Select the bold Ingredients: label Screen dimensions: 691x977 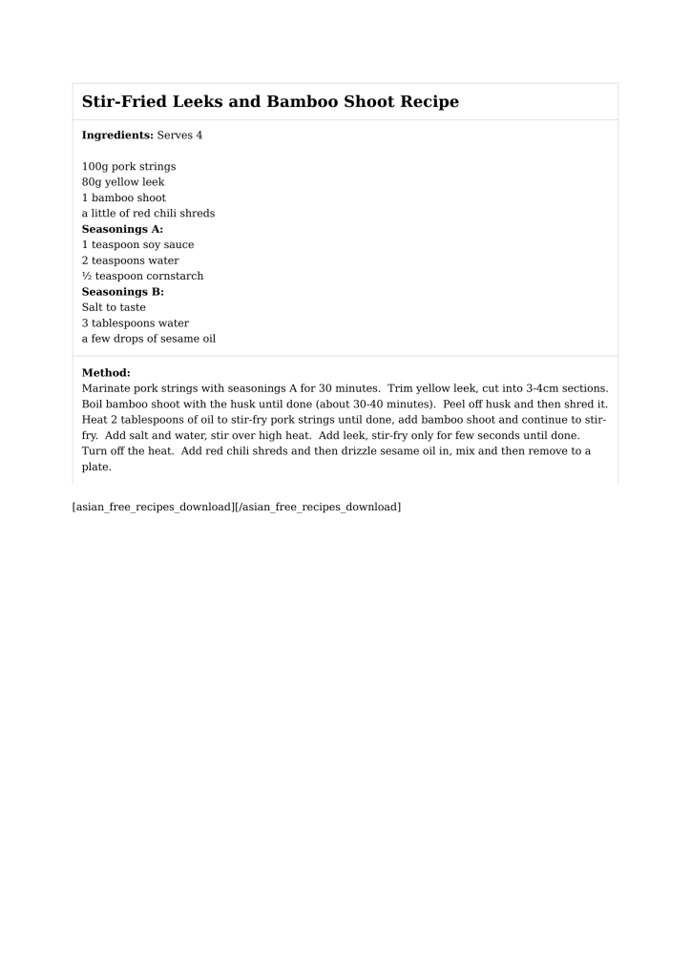(x=117, y=135)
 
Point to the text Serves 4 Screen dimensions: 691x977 (x=179, y=135)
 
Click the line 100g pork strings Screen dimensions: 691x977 (x=129, y=167)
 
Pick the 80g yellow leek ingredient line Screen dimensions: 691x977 (x=123, y=182)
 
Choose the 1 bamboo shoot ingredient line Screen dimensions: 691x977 (x=124, y=198)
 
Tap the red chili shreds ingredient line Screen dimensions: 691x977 (x=148, y=214)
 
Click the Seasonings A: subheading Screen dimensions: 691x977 (x=122, y=229)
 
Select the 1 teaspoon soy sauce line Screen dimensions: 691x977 (x=137, y=245)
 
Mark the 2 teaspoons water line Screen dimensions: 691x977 (x=130, y=260)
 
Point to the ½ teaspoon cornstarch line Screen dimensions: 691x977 (x=142, y=277)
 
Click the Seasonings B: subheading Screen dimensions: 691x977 (x=122, y=292)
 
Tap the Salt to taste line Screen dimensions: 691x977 (x=114, y=307)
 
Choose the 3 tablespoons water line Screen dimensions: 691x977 (x=136, y=323)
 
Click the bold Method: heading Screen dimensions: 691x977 (x=106, y=373)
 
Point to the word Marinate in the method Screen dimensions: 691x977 (x=107, y=389)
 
